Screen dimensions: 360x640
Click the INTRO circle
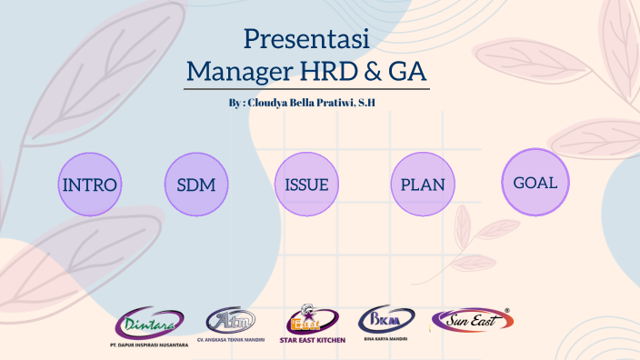[89, 185]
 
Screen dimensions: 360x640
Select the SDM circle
[195, 185]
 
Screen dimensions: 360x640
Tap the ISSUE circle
[306, 185]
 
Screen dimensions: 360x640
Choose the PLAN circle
[422, 185]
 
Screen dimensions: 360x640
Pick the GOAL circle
[535, 182]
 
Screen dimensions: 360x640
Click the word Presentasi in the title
[305, 39]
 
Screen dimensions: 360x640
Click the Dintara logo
[149, 323]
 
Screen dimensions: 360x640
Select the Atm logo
[231, 320]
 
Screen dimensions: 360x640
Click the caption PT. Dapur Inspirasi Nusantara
[148, 345]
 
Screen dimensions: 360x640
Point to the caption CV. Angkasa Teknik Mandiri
[231, 339]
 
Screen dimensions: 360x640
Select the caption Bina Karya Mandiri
[385, 338]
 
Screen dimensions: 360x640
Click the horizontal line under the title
[306, 88]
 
